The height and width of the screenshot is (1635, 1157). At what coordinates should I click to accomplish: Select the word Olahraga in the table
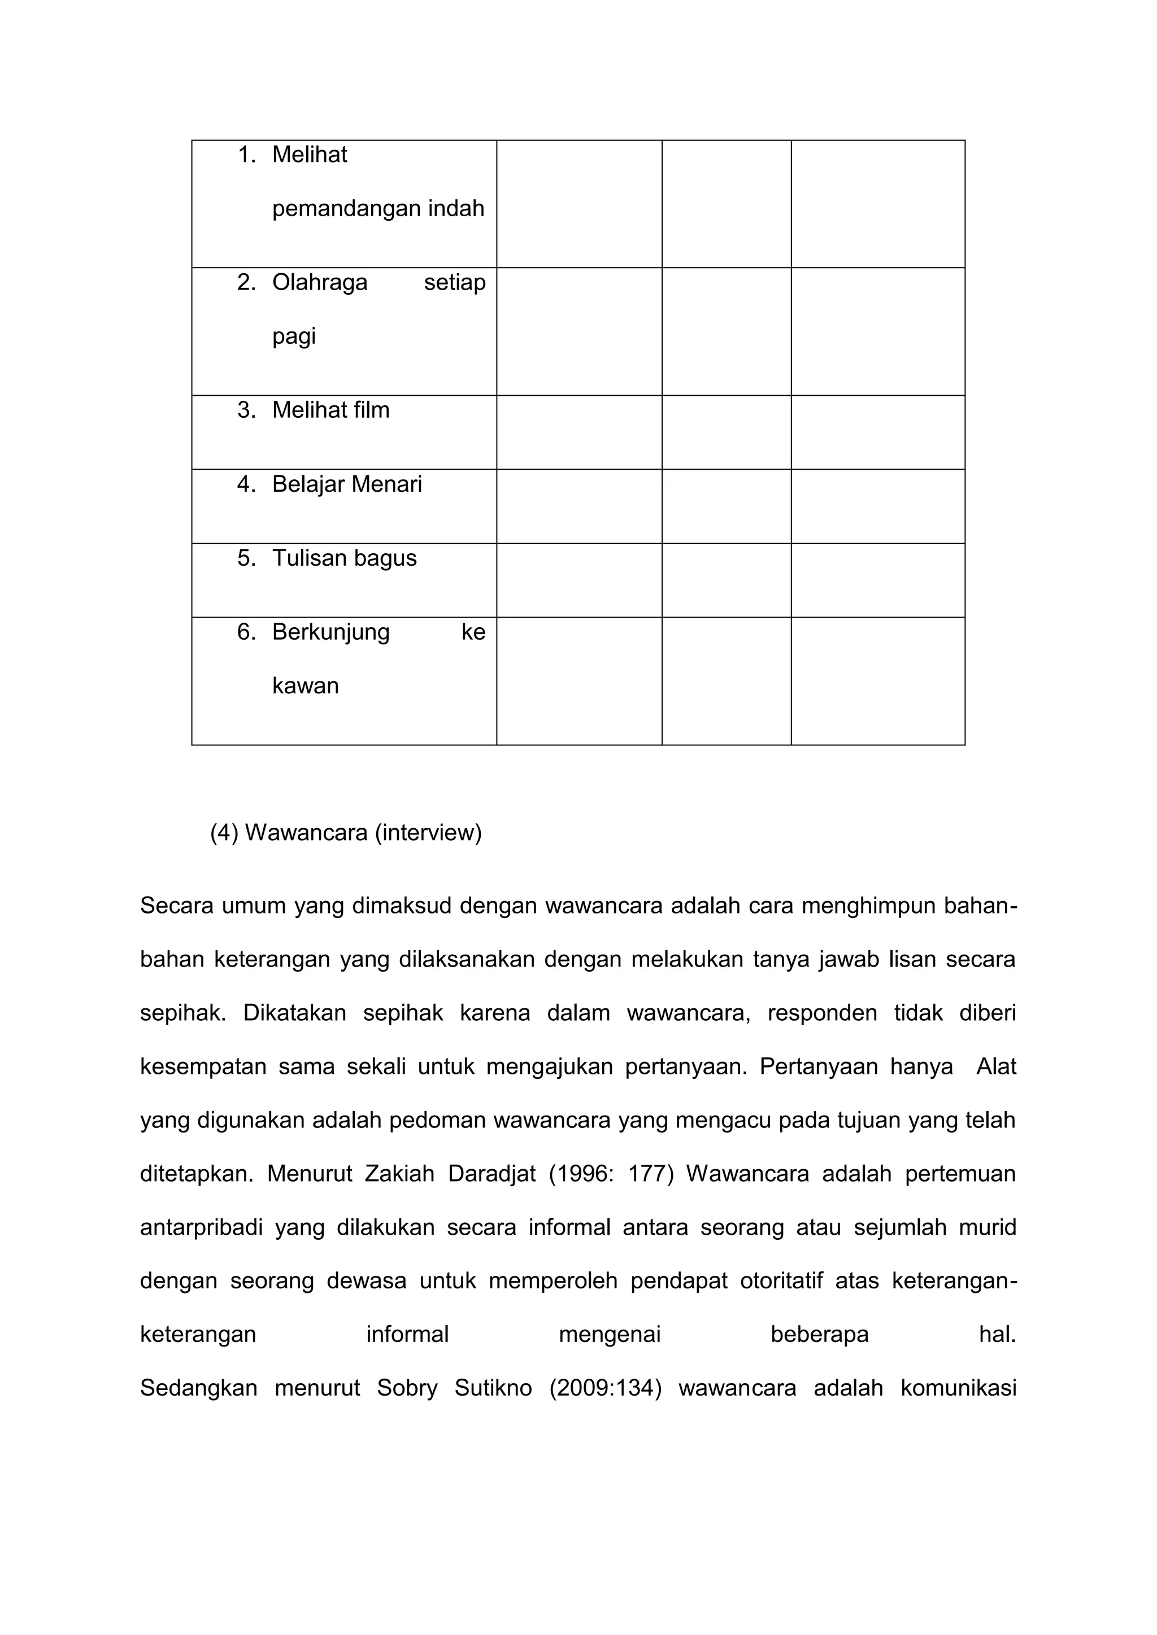319,283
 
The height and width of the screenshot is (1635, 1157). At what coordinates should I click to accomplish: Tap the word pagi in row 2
294,337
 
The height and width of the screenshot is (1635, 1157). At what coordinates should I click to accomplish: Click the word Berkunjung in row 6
330,632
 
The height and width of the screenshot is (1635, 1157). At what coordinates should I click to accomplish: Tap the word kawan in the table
305,686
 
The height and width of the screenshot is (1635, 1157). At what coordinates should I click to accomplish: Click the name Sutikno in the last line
493,1388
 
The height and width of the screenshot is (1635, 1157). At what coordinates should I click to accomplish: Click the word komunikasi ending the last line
958,1388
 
